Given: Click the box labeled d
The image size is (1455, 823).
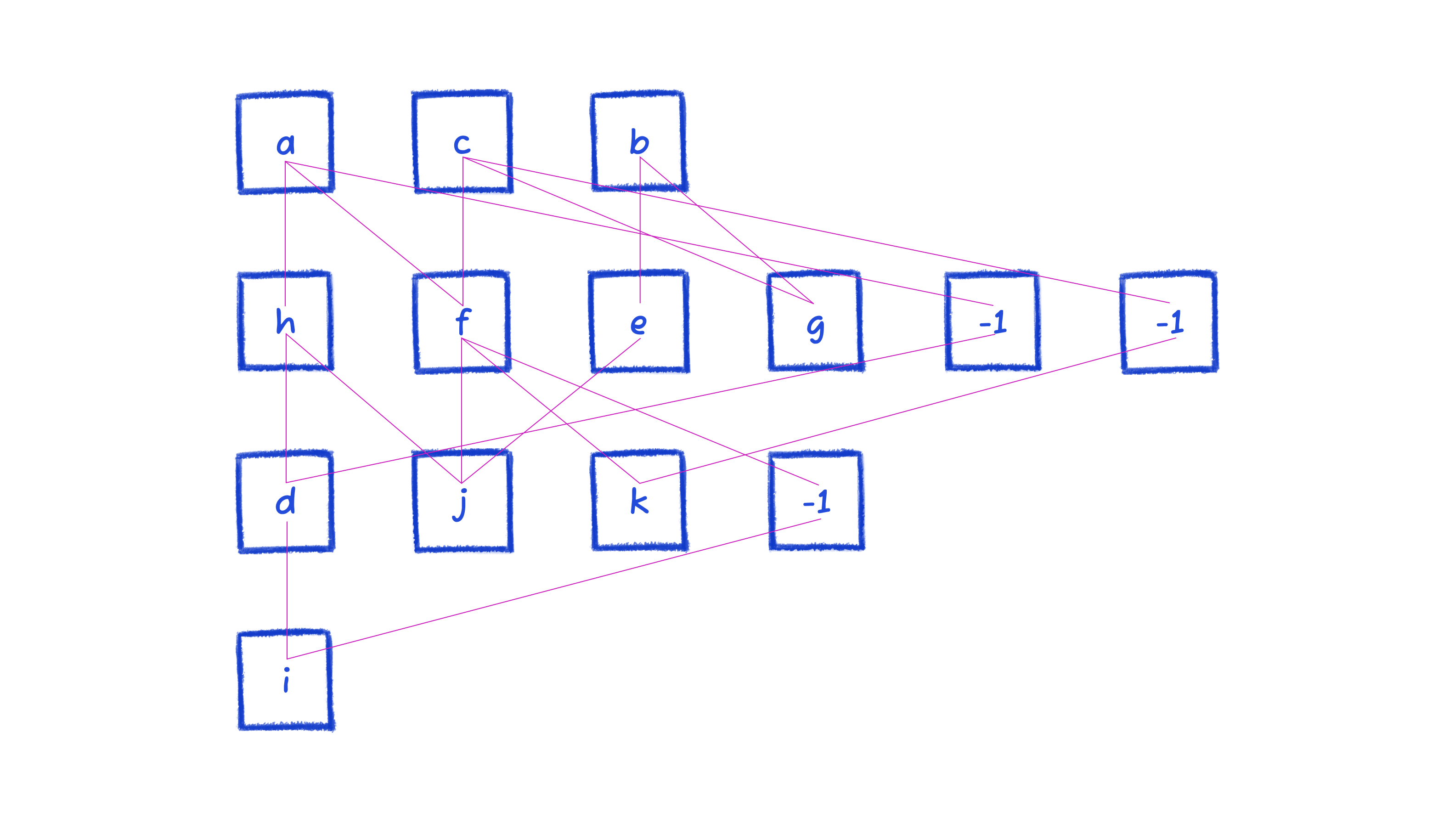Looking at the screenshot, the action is [286, 502].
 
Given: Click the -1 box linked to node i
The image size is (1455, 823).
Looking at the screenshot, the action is [816, 501].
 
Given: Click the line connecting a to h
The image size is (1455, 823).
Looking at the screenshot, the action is [286, 233].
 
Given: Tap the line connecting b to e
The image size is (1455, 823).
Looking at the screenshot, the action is [640, 230].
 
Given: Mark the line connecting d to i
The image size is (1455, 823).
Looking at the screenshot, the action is [287, 590].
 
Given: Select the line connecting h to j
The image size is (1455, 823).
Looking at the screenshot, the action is [374, 409].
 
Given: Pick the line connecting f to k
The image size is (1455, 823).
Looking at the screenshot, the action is [551, 411].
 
